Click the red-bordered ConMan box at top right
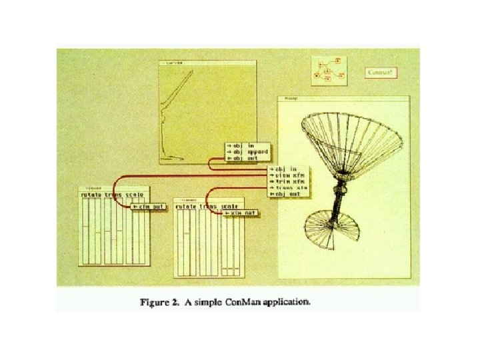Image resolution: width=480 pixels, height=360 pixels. tap(381, 72)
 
